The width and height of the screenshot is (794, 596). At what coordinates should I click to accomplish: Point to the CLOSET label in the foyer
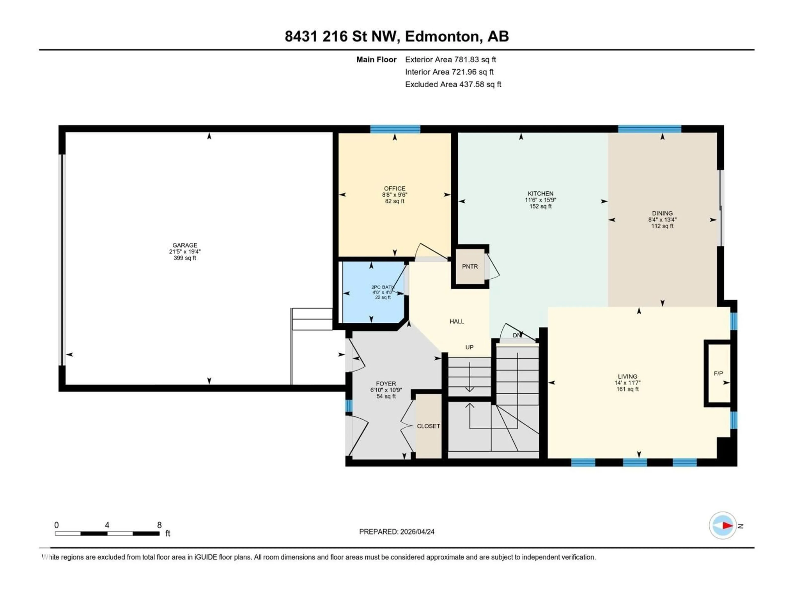tap(428, 426)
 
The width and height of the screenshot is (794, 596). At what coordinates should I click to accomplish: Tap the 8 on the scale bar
tap(159, 525)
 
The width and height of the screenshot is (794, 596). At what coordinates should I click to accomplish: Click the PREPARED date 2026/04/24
tap(396, 532)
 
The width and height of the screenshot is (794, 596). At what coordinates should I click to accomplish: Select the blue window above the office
tap(395, 129)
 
